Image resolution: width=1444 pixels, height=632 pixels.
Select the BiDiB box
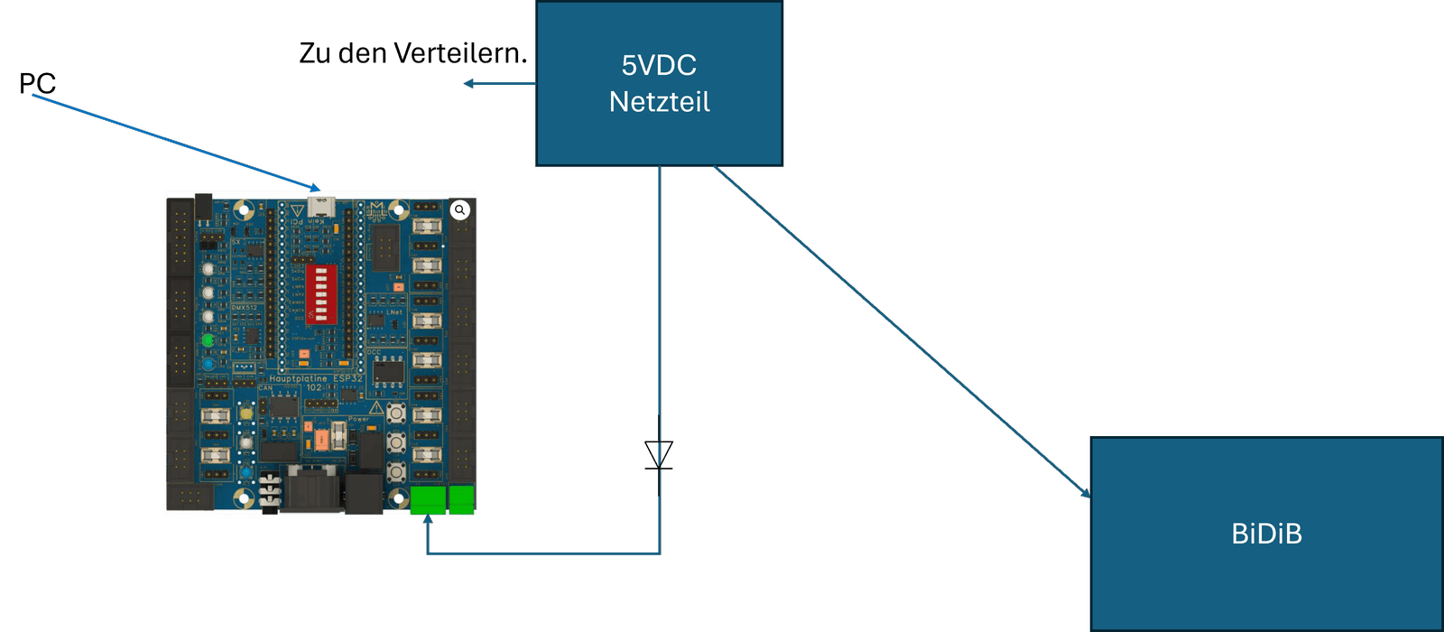pyautogui.click(x=1266, y=534)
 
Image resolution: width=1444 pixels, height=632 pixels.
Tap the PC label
pyautogui.click(x=37, y=84)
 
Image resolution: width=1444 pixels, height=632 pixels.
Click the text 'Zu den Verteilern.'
pyautogui.click(x=412, y=53)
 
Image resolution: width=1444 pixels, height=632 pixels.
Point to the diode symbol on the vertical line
pyautogui.click(x=659, y=454)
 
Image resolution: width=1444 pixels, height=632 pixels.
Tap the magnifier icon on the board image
pyautogui.click(x=460, y=210)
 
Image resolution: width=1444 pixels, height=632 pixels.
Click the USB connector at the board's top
pyautogui.click(x=319, y=207)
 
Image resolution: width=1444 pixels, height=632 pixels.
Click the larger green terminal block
pyautogui.click(x=428, y=500)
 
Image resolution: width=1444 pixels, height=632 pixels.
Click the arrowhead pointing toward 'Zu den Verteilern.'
pyautogui.click(x=469, y=84)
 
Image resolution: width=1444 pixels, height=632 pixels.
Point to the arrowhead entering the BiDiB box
pyautogui.click(x=1085, y=493)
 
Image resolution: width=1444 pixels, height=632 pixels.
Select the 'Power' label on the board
pyautogui.click(x=358, y=419)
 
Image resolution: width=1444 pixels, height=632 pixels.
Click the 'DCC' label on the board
pyautogui.click(x=374, y=352)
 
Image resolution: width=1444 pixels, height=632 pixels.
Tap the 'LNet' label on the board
pyautogui.click(x=394, y=312)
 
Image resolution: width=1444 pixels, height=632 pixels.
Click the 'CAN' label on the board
pyautogui.click(x=265, y=388)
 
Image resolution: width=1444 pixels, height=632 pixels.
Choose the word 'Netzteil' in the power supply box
pyautogui.click(x=659, y=102)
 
